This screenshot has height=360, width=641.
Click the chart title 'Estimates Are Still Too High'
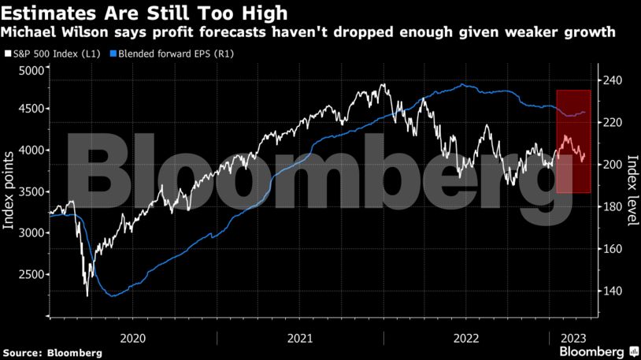click(x=144, y=13)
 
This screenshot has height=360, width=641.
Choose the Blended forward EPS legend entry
click(x=176, y=54)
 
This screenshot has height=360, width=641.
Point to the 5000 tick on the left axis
click(x=32, y=71)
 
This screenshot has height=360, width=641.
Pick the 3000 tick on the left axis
click(x=32, y=233)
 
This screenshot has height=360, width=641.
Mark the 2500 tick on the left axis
click(x=32, y=275)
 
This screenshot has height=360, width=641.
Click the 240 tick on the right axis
click(x=611, y=80)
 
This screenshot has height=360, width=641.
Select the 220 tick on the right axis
click(x=611, y=123)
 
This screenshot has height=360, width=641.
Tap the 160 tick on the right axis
click(x=611, y=249)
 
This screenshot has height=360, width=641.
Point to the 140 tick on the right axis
click(x=611, y=291)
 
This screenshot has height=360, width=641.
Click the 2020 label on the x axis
click(x=132, y=336)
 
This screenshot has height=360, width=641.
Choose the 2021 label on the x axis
click(x=300, y=336)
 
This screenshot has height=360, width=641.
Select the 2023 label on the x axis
click(x=572, y=336)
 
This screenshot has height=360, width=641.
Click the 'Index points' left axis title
click(x=9, y=189)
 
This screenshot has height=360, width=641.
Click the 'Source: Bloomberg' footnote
click(x=52, y=353)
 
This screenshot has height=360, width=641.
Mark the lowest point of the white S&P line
click(x=87, y=296)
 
